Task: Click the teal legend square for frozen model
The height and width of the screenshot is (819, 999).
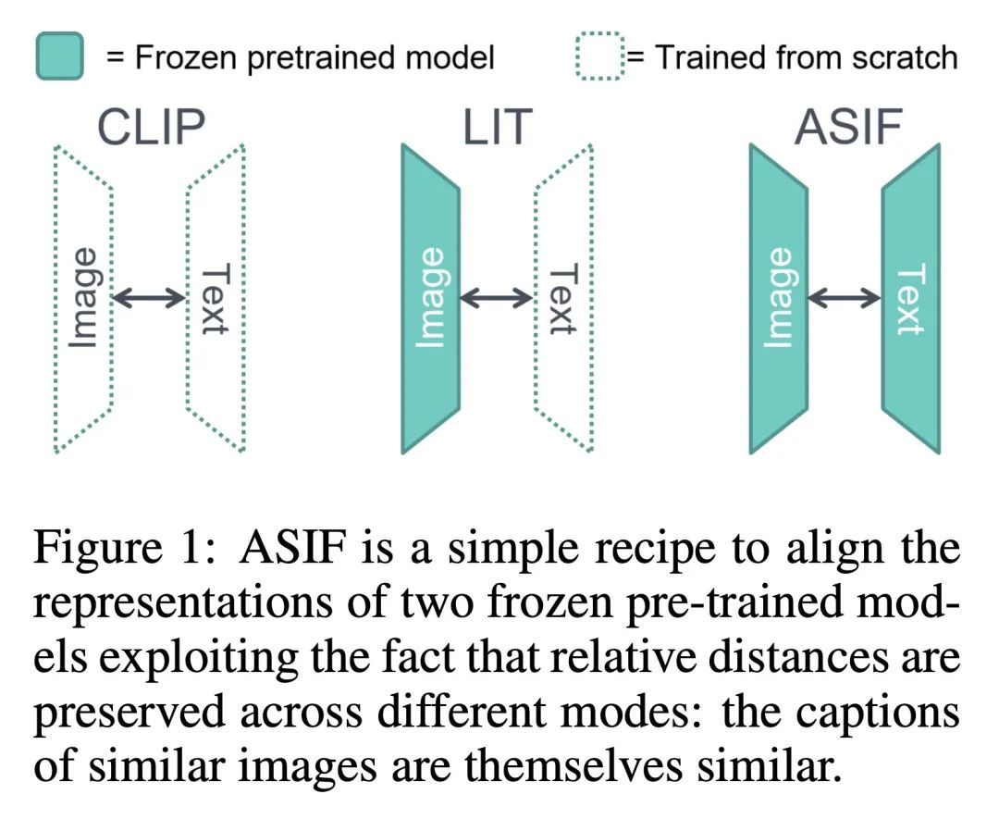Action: coord(60,56)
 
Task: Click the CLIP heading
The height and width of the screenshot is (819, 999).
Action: coord(151,127)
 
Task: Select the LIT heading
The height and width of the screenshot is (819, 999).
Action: coord(497,127)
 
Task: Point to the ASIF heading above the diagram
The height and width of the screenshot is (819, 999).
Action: coord(848,127)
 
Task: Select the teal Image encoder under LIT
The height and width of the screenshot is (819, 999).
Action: coord(431,298)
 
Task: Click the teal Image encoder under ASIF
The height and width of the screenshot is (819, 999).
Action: coord(779,298)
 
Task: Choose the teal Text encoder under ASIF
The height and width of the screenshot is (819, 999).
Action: coord(911,298)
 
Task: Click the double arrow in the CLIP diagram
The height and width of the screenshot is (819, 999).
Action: coord(149,297)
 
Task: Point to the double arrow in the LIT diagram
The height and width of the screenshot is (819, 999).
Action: coord(497,297)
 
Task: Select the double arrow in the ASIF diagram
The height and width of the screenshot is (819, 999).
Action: coord(845,297)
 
